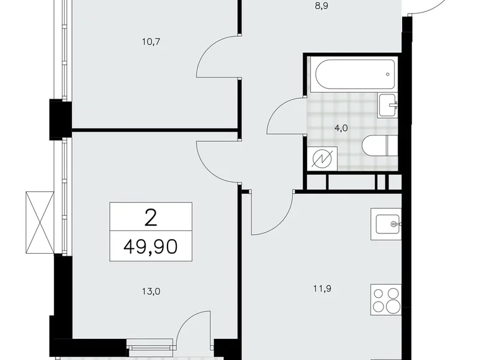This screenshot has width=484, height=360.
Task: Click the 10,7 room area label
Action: coord(151,42)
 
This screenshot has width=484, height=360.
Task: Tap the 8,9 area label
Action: coord(321,6)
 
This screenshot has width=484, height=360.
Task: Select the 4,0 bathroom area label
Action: coord(341,128)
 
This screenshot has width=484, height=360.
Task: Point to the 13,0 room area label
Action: coord(151,292)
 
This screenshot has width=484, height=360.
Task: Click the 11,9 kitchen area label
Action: coord(322,289)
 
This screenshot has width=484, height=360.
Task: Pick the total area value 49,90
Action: coord(151,246)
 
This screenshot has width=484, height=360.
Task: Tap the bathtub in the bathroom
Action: coord(355,74)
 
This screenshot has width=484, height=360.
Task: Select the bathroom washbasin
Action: coord(387,106)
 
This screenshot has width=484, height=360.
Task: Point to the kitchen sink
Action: coord(387,224)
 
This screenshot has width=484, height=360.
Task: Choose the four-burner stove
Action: coord(386,300)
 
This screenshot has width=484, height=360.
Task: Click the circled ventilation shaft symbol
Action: coord(322,159)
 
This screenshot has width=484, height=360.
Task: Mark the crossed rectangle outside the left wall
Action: coord(40,222)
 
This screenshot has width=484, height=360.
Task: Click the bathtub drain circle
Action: coord(388,74)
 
